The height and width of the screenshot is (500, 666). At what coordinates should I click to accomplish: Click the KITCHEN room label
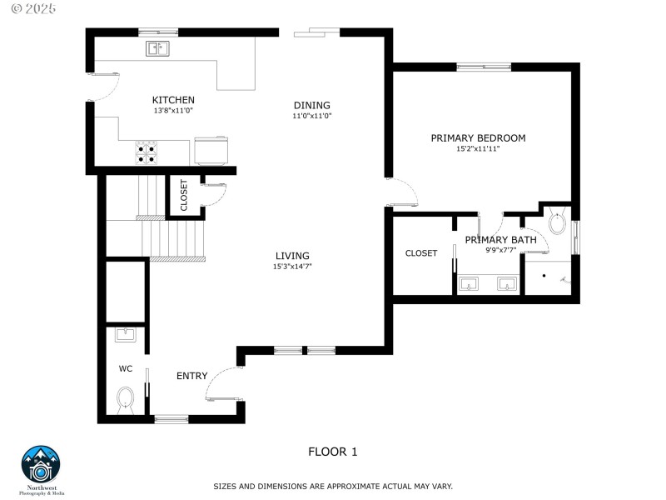point(173,100)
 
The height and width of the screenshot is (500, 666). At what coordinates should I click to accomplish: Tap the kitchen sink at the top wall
point(158,48)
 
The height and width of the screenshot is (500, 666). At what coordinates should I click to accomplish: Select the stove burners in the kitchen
point(148,152)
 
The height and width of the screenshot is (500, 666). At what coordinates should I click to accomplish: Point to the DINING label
point(311,105)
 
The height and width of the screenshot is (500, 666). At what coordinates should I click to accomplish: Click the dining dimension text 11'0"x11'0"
point(311,117)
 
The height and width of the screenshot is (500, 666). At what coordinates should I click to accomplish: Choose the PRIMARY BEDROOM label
point(478,138)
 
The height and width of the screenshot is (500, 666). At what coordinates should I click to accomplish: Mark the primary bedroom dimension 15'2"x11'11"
point(478,149)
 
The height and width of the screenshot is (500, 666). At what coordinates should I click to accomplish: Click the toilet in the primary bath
point(557,223)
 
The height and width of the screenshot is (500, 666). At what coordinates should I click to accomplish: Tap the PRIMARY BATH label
point(500,240)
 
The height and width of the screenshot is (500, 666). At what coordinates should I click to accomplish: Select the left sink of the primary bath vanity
point(470,285)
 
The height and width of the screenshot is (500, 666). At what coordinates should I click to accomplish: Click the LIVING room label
point(292,256)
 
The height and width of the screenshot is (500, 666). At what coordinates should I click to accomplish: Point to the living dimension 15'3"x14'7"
point(292,267)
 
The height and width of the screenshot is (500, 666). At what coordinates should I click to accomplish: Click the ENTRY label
point(191,376)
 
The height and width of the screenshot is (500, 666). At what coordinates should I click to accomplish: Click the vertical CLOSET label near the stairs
point(184,195)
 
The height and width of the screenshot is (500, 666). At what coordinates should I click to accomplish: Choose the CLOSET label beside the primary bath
point(421,253)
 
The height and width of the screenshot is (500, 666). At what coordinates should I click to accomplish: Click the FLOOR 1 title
point(333,452)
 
